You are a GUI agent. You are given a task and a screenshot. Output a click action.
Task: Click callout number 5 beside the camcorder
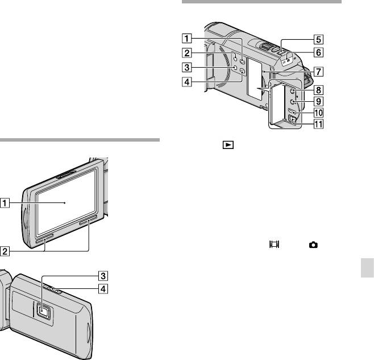tap(318, 39)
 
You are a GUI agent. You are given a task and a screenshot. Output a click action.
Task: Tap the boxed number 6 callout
tap(318, 52)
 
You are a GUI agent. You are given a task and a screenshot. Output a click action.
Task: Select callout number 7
tap(318, 72)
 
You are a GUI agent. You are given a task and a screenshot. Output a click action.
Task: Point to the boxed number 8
tap(318, 90)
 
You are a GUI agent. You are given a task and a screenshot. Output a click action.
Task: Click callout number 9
tap(318, 101)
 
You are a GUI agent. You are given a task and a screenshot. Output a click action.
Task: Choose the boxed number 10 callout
tap(318, 113)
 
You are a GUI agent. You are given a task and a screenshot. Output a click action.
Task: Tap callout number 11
tap(318, 124)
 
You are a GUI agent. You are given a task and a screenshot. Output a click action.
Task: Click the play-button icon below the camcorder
tap(228, 145)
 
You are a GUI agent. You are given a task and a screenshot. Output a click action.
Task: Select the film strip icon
tap(275, 244)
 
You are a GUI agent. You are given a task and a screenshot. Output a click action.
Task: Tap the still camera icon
tap(313, 245)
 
